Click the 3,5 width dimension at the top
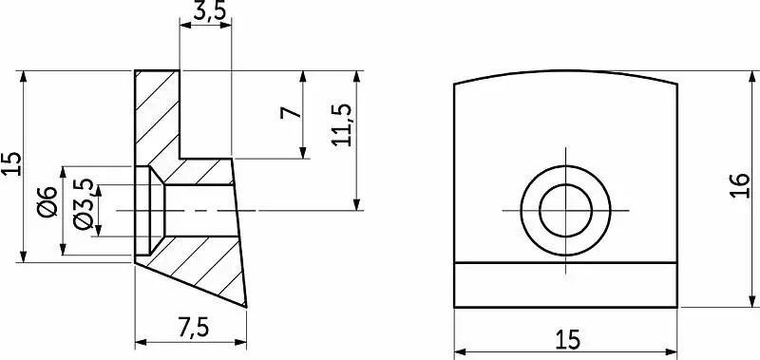pyautogui.click(x=210, y=11)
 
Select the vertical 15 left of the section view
pyautogui.click(x=13, y=163)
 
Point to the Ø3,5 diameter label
pyautogui.click(x=83, y=203)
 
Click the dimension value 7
pyautogui.click(x=291, y=113)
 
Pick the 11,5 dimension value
pyautogui.click(x=342, y=124)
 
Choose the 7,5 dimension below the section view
pyautogui.click(x=194, y=329)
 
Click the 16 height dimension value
pyautogui.click(x=739, y=185)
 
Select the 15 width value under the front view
pyautogui.click(x=566, y=340)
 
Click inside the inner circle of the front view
pyautogui.click(x=565, y=210)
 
